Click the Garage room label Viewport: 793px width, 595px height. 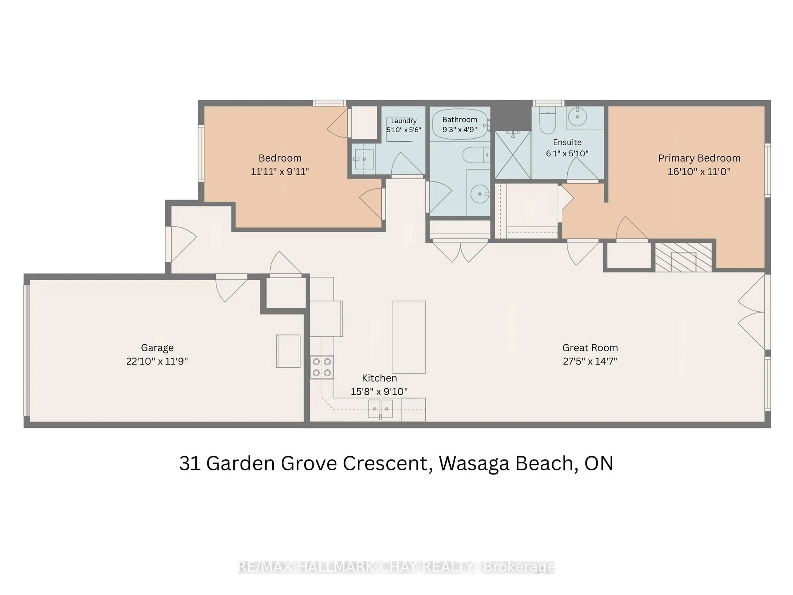pyautogui.click(x=157, y=347)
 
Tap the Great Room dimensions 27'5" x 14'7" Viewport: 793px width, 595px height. pyautogui.click(x=590, y=361)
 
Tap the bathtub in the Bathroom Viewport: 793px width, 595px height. pyautogui.click(x=460, y=124)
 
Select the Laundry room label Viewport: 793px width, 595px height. pyautogui.click(x=404, y=121)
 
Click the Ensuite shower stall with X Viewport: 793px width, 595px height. pyautogui.click(x=513, y=155)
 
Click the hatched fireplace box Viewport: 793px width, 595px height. pyautogui.click(x=683, y=257)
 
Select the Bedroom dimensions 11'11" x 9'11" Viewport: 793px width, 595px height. pyautogui.click(x=280, y=172)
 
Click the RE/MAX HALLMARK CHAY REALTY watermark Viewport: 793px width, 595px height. pyautogui.click(x=396, y=567)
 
